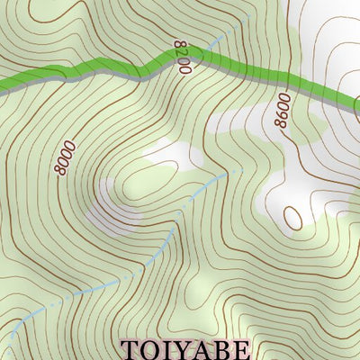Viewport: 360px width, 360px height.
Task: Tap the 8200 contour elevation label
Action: [x=179, y=56]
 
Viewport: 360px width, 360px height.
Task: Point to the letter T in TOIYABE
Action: [x=129, y=348]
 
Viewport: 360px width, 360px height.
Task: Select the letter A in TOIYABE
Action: [x=198, y=348]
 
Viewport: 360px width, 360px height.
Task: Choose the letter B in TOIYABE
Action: [x=217, y=348]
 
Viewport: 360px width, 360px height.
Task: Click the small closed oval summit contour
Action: [x=292, y=216]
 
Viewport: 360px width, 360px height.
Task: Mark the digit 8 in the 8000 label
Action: [x=60, y=168]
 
